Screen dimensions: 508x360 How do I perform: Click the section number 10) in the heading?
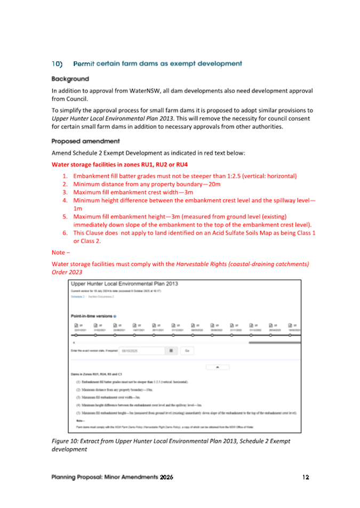[57, 64]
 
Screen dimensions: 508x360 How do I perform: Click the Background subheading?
[70, 79]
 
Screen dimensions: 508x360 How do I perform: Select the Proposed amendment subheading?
[85, 141]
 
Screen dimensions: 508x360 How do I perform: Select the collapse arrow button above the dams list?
[218, 367]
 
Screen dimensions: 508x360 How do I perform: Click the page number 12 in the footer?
[305, 477]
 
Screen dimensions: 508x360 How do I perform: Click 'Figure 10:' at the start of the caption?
[66, 441]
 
